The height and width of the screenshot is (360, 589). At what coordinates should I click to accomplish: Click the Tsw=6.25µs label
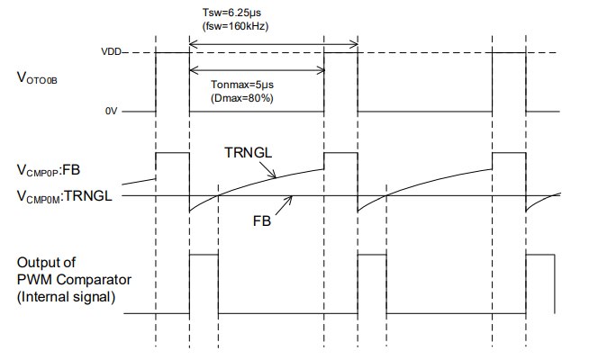[231, 12]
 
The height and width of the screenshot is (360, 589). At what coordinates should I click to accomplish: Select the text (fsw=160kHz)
[233, 25]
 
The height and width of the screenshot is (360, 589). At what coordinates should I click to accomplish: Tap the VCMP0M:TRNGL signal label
[63, 195]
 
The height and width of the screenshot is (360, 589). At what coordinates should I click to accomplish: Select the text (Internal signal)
[67, 294]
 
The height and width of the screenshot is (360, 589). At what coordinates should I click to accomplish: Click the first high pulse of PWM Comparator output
[204, 284]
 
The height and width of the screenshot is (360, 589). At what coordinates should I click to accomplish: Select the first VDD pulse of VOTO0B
[173, 81]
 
